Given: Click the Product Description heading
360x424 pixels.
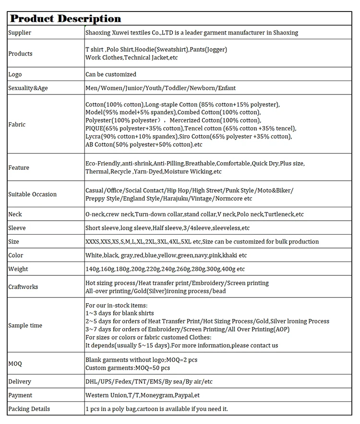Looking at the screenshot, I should pos(66,19).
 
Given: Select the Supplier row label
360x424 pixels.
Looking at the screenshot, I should pos(20,33).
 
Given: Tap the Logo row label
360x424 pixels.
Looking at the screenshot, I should pos(15,74).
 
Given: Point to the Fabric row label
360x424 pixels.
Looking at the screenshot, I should pos(17,124).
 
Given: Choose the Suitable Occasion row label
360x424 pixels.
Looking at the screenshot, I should pos(32,194).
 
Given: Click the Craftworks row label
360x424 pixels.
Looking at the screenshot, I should pos(23,287).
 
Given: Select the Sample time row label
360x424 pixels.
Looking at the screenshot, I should pos(25,326).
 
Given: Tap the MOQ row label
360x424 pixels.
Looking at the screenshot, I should pos(15,363).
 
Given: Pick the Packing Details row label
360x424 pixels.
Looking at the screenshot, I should pos(29,409).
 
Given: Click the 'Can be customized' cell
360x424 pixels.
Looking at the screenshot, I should pos(111,74).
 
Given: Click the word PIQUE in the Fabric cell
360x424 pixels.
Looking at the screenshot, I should pos(95,129).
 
